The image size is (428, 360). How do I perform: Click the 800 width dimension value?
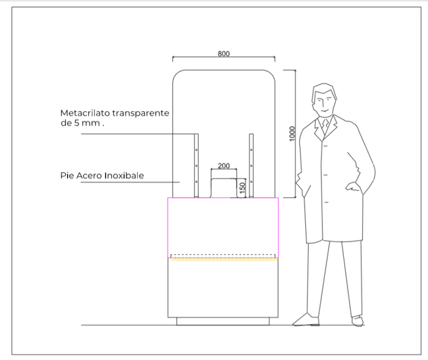point(224,54)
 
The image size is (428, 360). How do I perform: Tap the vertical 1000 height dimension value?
point(292,134)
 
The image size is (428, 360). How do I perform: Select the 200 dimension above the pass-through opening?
point(224,166)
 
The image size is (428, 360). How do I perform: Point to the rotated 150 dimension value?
point(242,188)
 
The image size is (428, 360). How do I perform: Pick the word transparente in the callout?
point(141,113)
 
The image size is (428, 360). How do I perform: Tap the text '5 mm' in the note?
point(87,123)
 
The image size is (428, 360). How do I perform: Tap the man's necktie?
point(325,125)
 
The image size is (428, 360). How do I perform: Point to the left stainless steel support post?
point(196,165)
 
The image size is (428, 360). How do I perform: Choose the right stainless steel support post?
point(251,165)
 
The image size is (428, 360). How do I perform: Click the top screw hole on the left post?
point(196,150)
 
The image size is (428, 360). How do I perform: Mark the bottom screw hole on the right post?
point(252,182)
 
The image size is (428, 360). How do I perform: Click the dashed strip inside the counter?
point(222,256)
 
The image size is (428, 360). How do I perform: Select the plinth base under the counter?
point(223,321)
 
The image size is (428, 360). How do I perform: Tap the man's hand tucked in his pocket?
point(353,187)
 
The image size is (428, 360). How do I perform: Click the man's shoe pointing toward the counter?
point(306,320)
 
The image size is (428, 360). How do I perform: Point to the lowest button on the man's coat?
point(326,202)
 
